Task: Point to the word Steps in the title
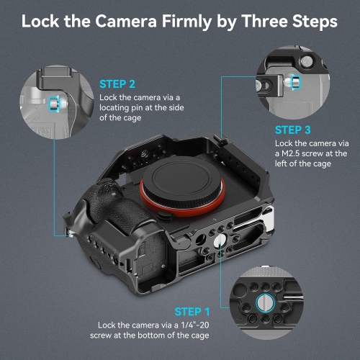point(314,21)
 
